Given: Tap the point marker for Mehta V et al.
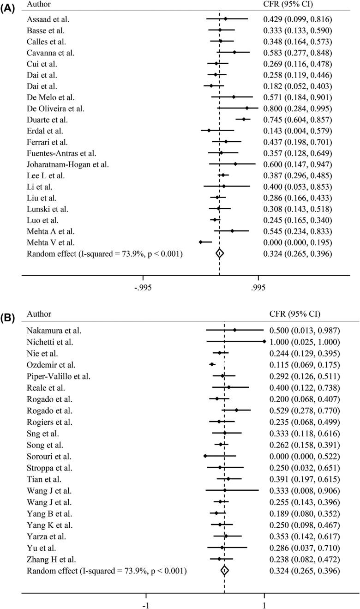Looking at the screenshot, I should click(x=200, y=242).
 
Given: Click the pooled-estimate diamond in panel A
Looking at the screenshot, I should click(x=220, y=253).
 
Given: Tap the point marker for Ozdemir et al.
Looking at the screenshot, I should click(x=212, y=364).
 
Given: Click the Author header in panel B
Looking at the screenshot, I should click(x=39, y=314).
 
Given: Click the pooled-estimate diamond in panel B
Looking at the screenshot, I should click(x=224, y=571).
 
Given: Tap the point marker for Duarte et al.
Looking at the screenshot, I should click(x=244, y=119).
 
